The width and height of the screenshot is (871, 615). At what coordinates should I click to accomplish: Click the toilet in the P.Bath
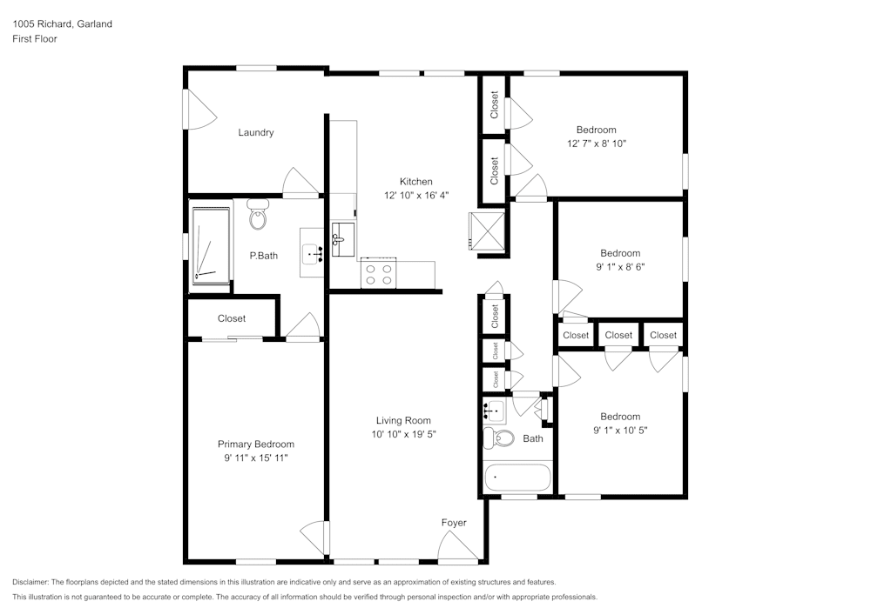point(258,215)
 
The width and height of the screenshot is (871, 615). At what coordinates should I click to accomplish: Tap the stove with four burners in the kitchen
point(378,275)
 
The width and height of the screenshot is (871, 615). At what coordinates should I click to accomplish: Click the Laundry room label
point(256,133)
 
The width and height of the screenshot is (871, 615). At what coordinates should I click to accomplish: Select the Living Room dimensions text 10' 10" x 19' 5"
point(403,433)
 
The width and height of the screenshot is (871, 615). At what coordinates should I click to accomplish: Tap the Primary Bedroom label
point(255,444)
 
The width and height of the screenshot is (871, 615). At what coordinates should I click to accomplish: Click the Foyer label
point(454,523)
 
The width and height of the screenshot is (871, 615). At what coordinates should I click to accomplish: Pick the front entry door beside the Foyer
point(457,548)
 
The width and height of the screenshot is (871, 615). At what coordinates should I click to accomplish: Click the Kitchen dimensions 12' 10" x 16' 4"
point(415,195)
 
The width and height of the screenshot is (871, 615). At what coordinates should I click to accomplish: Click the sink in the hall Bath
point(493,410)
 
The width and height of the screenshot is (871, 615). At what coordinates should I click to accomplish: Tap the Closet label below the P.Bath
point(232,318)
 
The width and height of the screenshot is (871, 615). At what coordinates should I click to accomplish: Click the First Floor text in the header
point(35,39)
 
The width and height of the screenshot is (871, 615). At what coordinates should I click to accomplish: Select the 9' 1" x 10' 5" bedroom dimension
point(620,430)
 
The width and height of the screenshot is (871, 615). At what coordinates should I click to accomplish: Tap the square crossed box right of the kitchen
point(487,231)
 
